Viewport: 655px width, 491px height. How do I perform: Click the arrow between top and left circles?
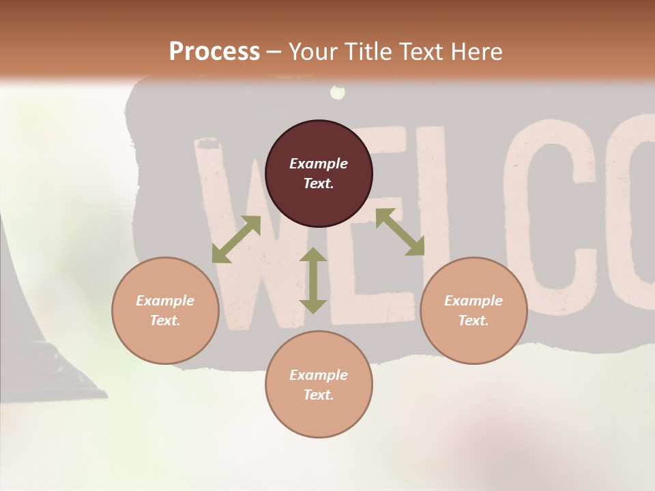pos(236,239)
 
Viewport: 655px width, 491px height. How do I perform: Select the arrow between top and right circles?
pos(400,232)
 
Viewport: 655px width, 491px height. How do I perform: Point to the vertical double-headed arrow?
pos(313,280)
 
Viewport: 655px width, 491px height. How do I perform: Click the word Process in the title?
pos(214,52)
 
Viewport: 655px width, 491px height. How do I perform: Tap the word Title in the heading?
pos(368,52)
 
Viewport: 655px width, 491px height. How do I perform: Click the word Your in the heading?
pos(312,52)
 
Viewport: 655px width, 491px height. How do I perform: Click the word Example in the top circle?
pos(319,164)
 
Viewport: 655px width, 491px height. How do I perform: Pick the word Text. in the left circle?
pos(165,321)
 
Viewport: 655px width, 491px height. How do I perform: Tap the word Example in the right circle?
pos(474,301)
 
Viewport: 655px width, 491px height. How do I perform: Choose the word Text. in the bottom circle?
pos(319,395)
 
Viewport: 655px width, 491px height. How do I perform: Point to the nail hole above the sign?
pos(336,92)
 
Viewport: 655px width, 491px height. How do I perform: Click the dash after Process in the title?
pos(274,53)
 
